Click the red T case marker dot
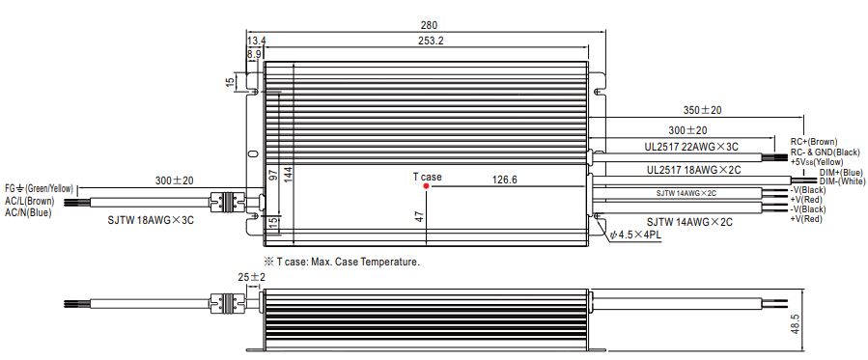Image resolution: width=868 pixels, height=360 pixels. point(426,186)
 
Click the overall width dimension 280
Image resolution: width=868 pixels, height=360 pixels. point(429,25)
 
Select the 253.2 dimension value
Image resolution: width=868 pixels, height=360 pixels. point(430,41)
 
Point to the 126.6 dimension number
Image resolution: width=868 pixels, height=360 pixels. point(504,180)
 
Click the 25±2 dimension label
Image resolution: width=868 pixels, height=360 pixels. point(252,277)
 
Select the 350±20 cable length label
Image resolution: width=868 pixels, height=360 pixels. point(702,110)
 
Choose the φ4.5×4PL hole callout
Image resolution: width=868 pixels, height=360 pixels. point(634,235)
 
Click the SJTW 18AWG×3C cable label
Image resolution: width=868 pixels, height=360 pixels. point(152,220)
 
